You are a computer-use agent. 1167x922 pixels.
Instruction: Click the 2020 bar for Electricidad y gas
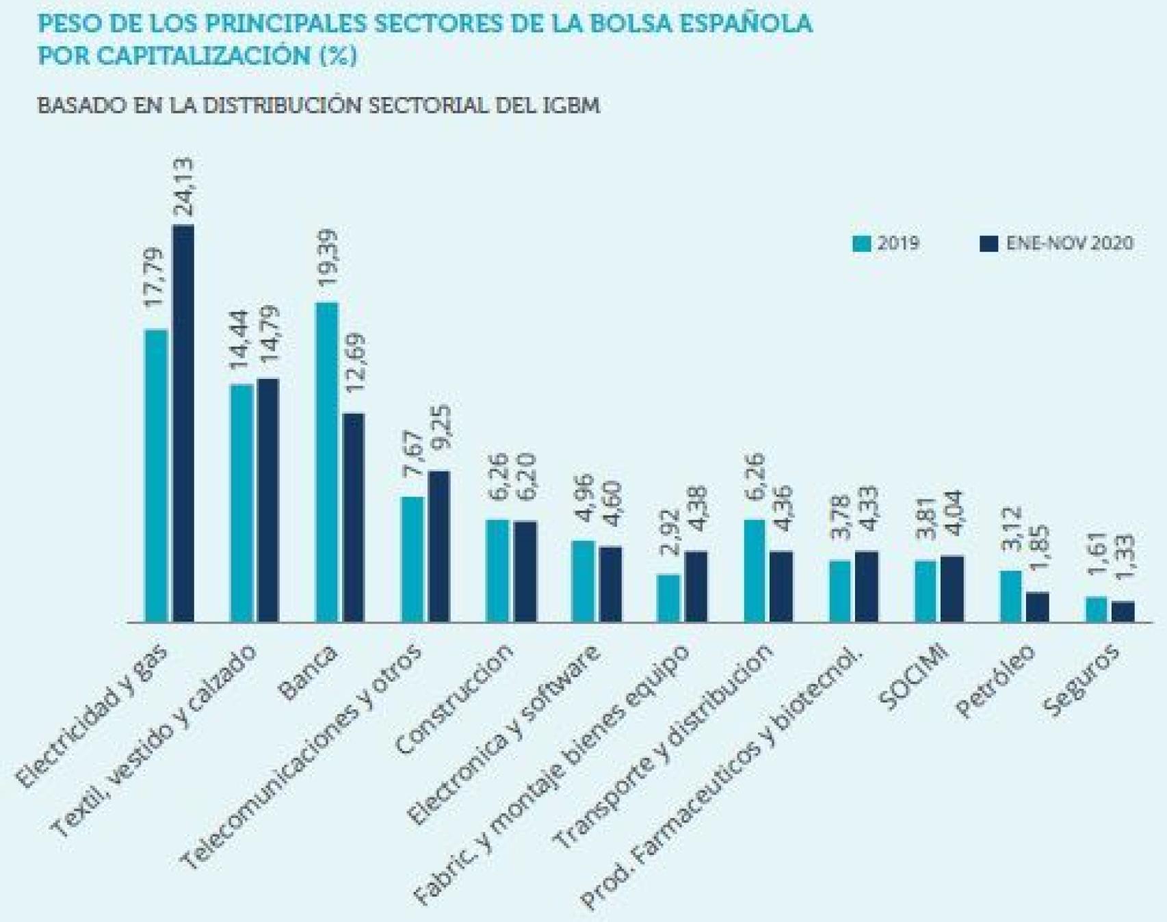pos(183,424)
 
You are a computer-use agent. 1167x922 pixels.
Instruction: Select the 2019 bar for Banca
pos(326,462)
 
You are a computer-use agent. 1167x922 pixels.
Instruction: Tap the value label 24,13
pos(183,186)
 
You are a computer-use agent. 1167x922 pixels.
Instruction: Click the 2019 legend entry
pos(887,243)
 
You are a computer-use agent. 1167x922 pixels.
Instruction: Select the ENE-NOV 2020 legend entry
pos(1057,243)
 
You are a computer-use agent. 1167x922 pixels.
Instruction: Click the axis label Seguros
pos(1081,681)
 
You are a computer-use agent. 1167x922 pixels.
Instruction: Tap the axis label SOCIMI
pos(915,677)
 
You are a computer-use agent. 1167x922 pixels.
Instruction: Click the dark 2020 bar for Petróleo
pos(1037,607)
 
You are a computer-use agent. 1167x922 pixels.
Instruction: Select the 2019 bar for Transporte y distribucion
pos(755,570)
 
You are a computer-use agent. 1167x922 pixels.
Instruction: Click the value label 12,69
pos(355,363)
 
